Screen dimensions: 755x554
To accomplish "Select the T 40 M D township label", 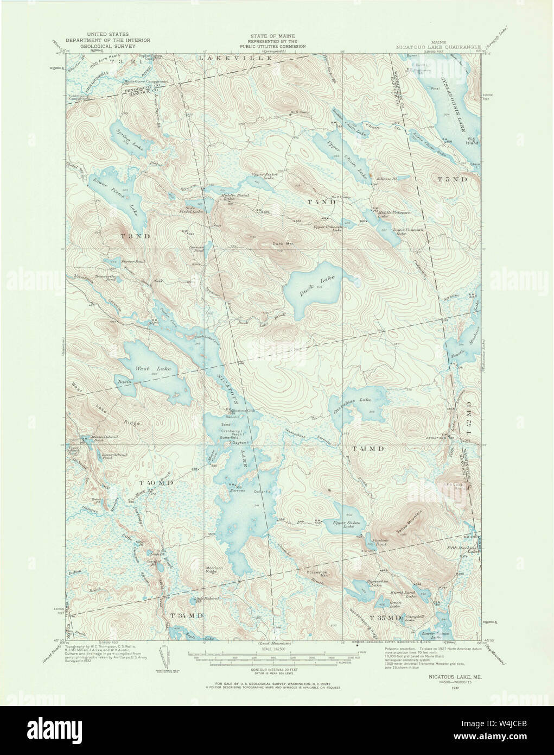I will (156, 482).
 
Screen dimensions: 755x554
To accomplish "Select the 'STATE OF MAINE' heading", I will (276, 36).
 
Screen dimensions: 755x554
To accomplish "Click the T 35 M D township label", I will (386, 618).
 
